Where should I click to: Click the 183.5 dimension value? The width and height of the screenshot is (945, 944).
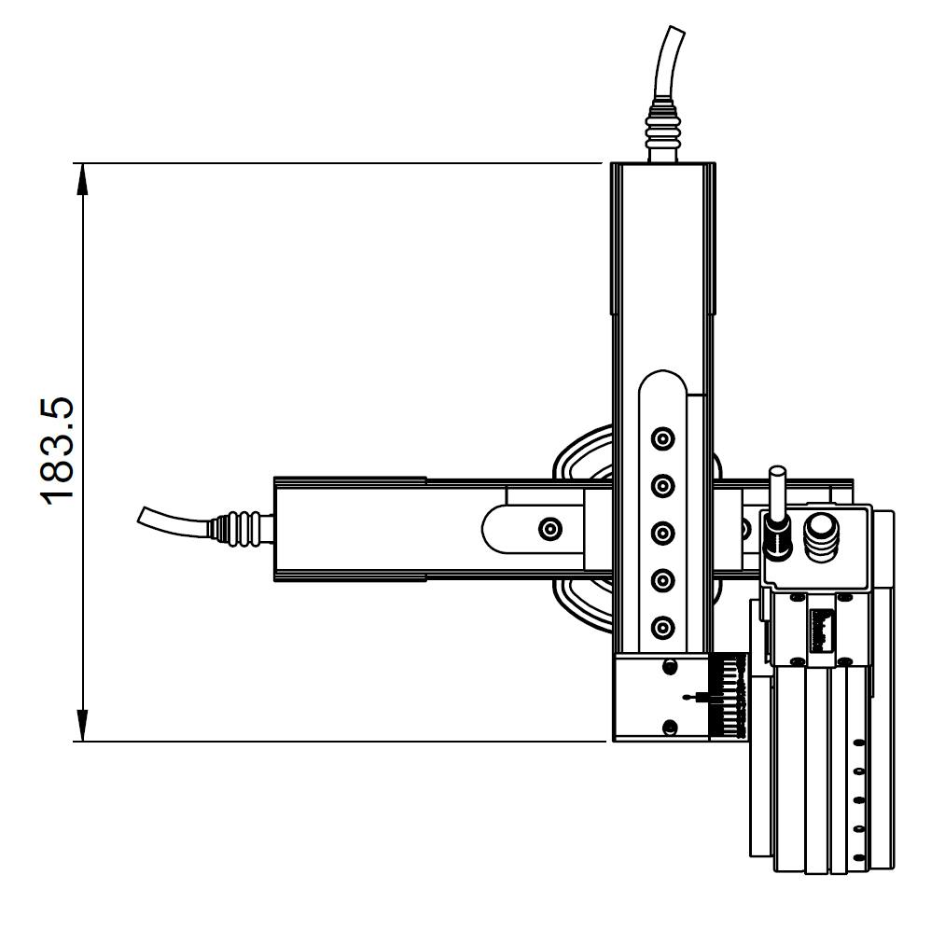(x=58, y=451)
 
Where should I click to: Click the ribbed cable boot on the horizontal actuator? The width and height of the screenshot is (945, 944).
(x=241, y=528)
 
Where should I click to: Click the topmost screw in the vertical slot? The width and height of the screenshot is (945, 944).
(x=662, y=437)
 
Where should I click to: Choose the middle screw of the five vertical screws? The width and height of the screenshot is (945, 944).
(x=662, y=533)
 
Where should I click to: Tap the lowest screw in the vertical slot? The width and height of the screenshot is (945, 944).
(x=662, y=627)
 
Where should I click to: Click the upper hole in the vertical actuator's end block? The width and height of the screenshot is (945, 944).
(x=669, y=666)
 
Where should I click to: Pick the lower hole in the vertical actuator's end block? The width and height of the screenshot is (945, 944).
(x=669, y=727)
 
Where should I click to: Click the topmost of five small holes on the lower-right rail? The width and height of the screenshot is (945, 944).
(x=858, y=743)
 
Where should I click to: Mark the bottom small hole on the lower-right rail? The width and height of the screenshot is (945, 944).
(x=858, y=856)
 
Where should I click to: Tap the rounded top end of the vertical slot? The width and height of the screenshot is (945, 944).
(x=662, y=382)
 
